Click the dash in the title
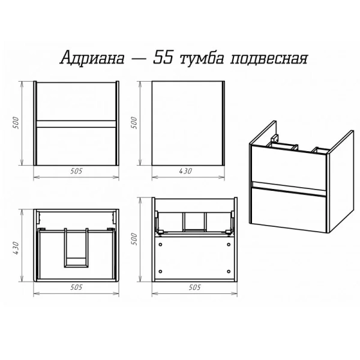(x=137, y=59)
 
